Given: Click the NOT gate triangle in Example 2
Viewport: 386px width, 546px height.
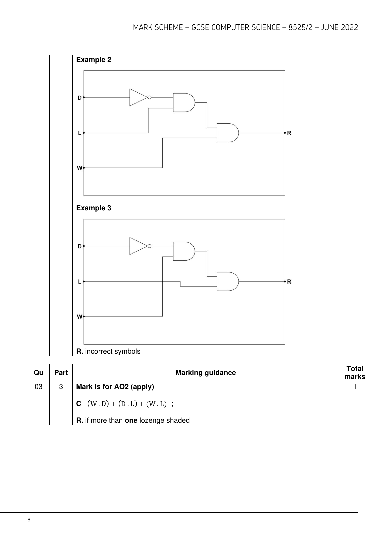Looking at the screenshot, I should click(x=138, y=97).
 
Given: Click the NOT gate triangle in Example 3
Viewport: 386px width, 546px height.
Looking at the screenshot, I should click(x=138, y=246).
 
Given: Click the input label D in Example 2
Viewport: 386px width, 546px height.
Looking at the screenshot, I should click(x=80, y=98).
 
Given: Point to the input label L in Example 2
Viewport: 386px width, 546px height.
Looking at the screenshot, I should click(x=80, y=133).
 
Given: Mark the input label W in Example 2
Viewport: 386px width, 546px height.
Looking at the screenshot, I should click(x=80, y=168).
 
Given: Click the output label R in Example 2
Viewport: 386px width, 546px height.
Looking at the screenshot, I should click(x=289, y=133).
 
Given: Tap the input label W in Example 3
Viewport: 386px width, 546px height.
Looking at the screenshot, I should click(x=80, y=317).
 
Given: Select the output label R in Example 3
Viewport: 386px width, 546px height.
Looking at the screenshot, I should click(x=289, y=282).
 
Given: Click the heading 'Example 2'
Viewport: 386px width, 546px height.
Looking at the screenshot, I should click(x=94, y=60).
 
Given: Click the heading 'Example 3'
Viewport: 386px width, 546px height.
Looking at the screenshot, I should click(x=94, y=208).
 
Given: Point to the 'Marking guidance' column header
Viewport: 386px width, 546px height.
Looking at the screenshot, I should click(x=205, y=373).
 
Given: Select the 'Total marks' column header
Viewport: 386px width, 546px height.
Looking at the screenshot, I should click(x=355, y=373).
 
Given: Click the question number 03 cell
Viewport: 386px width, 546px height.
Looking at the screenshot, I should click(x=39, y=387).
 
